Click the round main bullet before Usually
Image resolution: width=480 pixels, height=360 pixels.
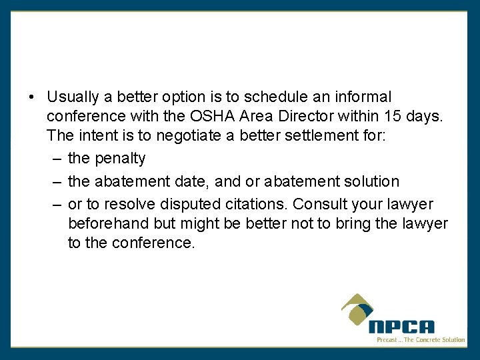coord(32,98)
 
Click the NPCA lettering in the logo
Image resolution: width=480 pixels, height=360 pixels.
coord(401,327)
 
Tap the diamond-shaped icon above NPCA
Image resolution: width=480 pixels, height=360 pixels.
coord(358,311)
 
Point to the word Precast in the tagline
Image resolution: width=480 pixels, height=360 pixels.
coord(388,340)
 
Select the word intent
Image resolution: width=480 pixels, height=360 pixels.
coord(93,136)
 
